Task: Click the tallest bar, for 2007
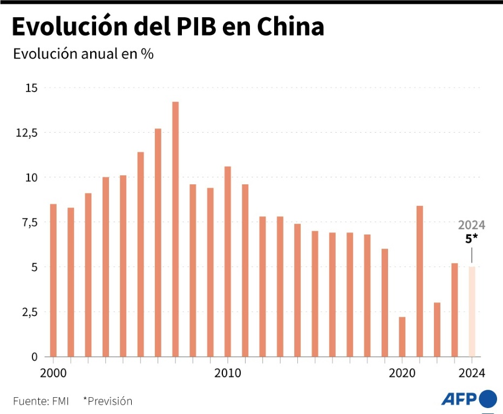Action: (175, 229)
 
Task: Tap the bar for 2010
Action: (228, 261)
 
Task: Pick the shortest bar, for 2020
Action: (402, 337)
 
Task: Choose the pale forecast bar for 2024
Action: (472, 312)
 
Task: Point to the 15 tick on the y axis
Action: (31, 88)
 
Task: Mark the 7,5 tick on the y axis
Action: (30, 222)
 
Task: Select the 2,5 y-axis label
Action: (30, 312)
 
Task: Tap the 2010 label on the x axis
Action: (228, 372)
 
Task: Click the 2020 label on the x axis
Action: (402, 372)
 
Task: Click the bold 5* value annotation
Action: (472, 238)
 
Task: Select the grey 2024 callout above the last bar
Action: (472, 225)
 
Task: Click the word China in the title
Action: (290, 26)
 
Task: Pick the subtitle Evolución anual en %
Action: (84, 54)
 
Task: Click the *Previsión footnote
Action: (107, 401)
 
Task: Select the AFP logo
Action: (468, 399)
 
